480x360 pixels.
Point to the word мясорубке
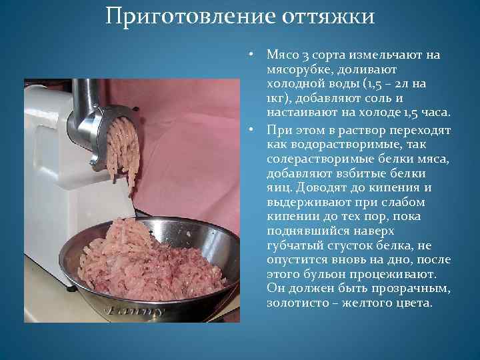(298, 69)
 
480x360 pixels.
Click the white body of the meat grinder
(47, 173)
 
